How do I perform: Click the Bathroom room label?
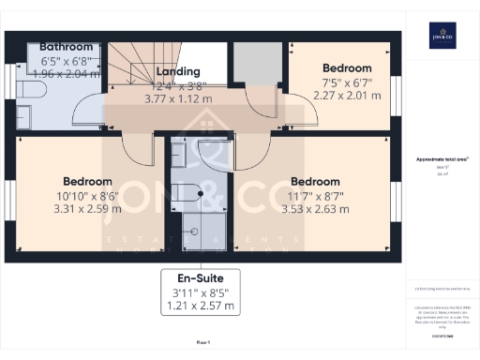66,46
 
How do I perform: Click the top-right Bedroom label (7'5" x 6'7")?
347,68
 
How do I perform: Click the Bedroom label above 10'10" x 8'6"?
87,182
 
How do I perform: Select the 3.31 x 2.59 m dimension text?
87,210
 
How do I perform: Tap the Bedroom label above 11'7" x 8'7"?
314,182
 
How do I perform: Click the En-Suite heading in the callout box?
200,278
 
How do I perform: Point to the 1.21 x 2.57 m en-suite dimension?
200,306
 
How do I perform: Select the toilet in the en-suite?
187,193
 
